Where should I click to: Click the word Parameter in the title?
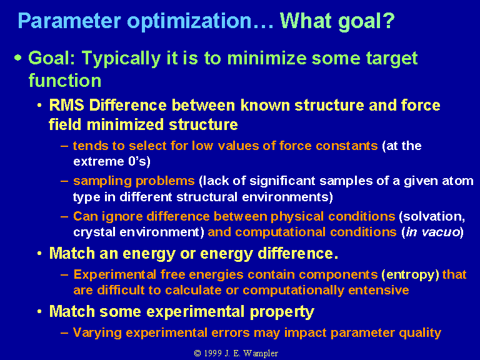tap(69, 21)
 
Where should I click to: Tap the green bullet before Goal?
tap(18, 57)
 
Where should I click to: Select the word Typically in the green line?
tap(121, 59)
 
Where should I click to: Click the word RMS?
tap(66, 105)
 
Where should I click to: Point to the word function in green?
tap(64, 80)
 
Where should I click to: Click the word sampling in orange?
tap(102, 181)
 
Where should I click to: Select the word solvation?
tap(432, 216)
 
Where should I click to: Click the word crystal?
tap(94, 232)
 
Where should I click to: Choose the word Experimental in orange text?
tap(115, 274)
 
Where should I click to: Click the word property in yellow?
tap(282, 312)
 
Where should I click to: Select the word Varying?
tap(97, 332)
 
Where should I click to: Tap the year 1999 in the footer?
tap(212, 353)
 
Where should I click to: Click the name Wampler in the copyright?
tap(261, 354)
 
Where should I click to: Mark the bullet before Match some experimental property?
tap(39, 312)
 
